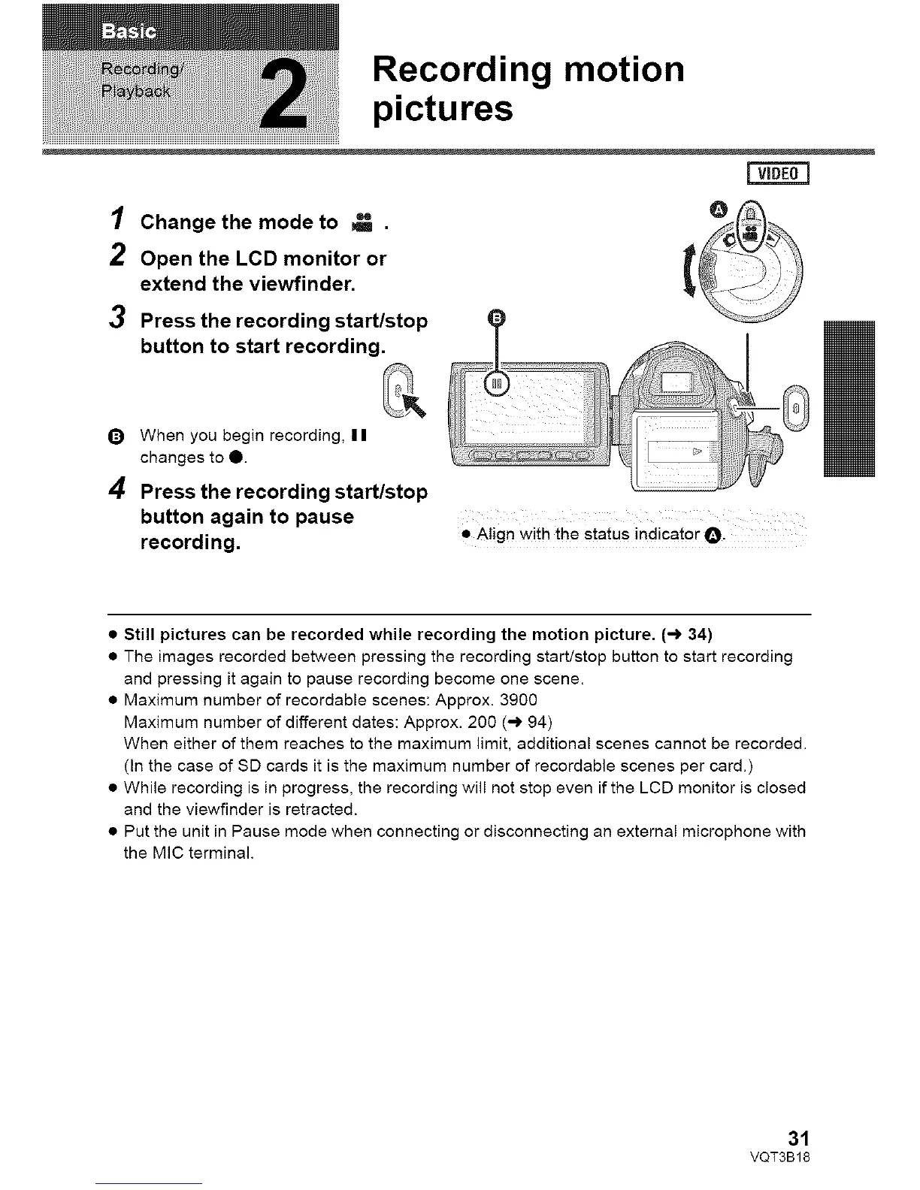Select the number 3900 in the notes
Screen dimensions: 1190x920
point(519,700)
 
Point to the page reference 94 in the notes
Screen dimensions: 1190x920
point(537,723)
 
